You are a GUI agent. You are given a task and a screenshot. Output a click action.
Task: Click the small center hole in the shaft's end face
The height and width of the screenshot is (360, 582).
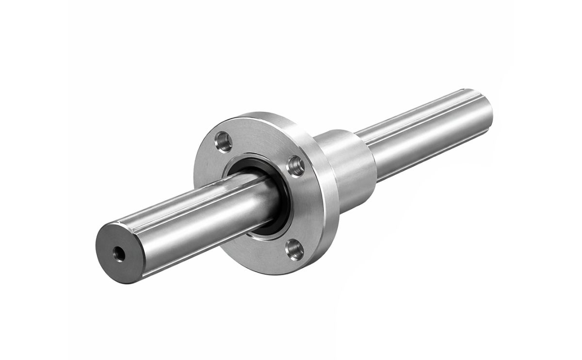click(117, 252)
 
